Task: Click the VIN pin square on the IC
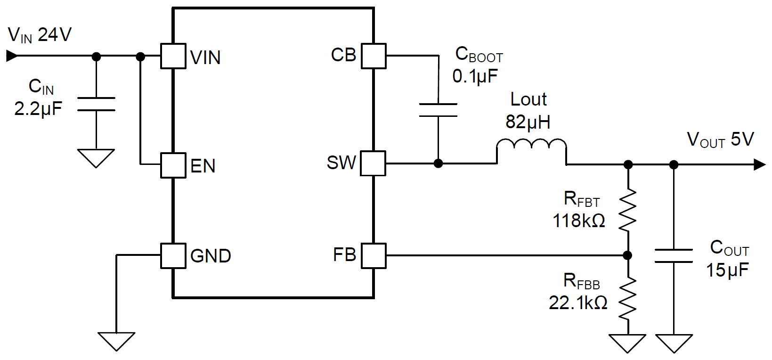click(173, 56)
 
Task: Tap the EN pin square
click(173, 165)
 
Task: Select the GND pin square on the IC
click(173, 256)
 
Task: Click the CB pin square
click(374, 56)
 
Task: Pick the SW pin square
click(374, 164)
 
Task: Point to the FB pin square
click(374, 256)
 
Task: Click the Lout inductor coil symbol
click(531, 146)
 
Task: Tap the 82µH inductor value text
click(528, 122)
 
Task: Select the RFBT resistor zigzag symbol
click(627, 210)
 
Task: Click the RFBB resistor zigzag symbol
click(627, 298)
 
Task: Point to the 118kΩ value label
click(578, 221)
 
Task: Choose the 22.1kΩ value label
click(578, 303)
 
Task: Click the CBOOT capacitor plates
click(438, 110)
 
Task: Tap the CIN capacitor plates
click(96, 104)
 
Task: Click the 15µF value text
click(727, 270)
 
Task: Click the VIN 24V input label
click(40, 35)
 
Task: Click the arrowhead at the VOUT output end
click(759, 164)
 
